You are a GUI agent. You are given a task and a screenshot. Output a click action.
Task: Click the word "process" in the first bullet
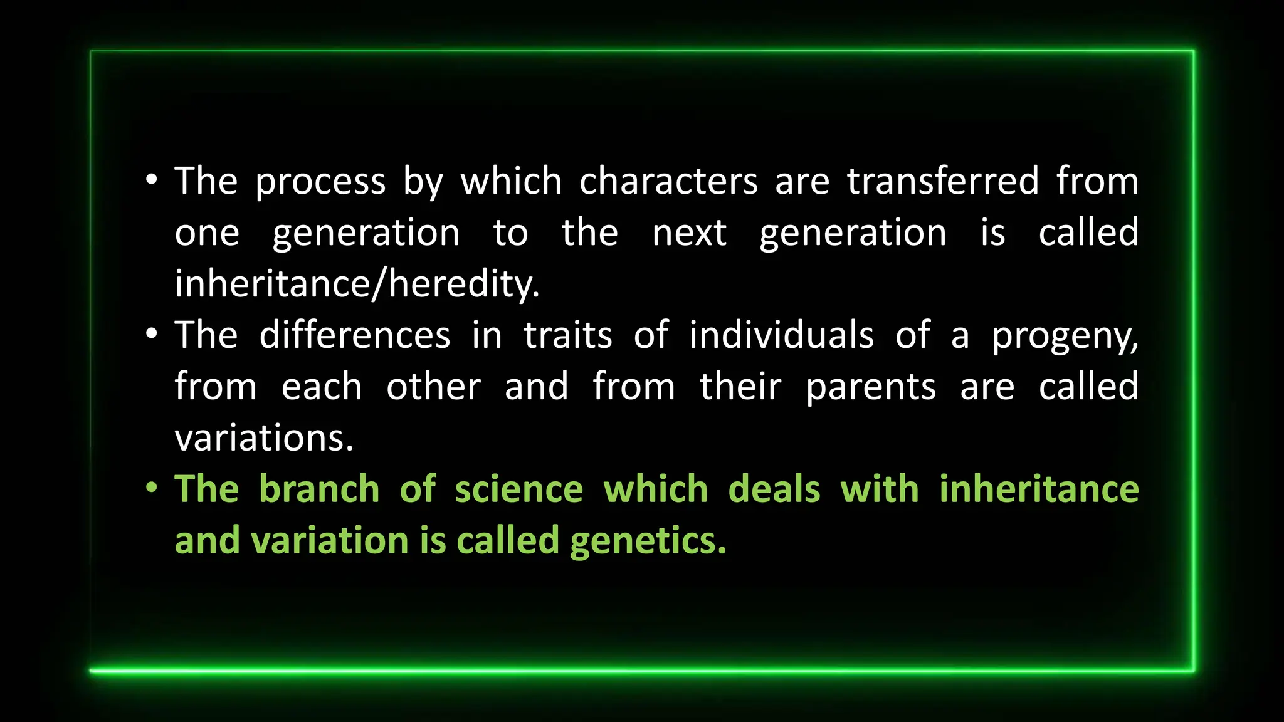(320, 183)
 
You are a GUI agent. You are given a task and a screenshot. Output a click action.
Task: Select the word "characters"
(668, 182)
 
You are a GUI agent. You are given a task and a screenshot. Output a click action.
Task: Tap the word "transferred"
(943, 182)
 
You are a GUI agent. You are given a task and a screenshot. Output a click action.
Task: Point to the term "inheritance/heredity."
(357, 285)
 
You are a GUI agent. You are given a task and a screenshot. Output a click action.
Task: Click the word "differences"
(355, 335)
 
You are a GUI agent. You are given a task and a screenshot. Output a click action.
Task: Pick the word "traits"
(567, 335)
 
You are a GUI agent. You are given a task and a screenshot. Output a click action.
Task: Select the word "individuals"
(781, 335)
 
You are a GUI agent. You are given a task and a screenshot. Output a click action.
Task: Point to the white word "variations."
(264, 438)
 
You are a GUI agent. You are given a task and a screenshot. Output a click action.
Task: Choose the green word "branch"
(319, 489)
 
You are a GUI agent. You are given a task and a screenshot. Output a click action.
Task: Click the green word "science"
(519, 489)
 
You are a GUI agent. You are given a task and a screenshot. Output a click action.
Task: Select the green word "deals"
(774, 489)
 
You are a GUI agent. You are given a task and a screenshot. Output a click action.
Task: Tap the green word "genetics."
(648, 542)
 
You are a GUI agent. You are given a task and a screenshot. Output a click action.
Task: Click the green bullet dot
(151, 487)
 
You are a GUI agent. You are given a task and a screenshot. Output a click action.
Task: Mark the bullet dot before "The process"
(151, 180)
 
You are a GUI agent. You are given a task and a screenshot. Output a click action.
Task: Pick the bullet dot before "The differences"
(151, 333)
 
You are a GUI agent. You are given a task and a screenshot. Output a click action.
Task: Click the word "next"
(689, 234)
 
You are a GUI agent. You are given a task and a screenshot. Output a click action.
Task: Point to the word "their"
(740, 387)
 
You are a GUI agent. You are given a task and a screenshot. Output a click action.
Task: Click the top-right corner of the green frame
(1192, 51)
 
